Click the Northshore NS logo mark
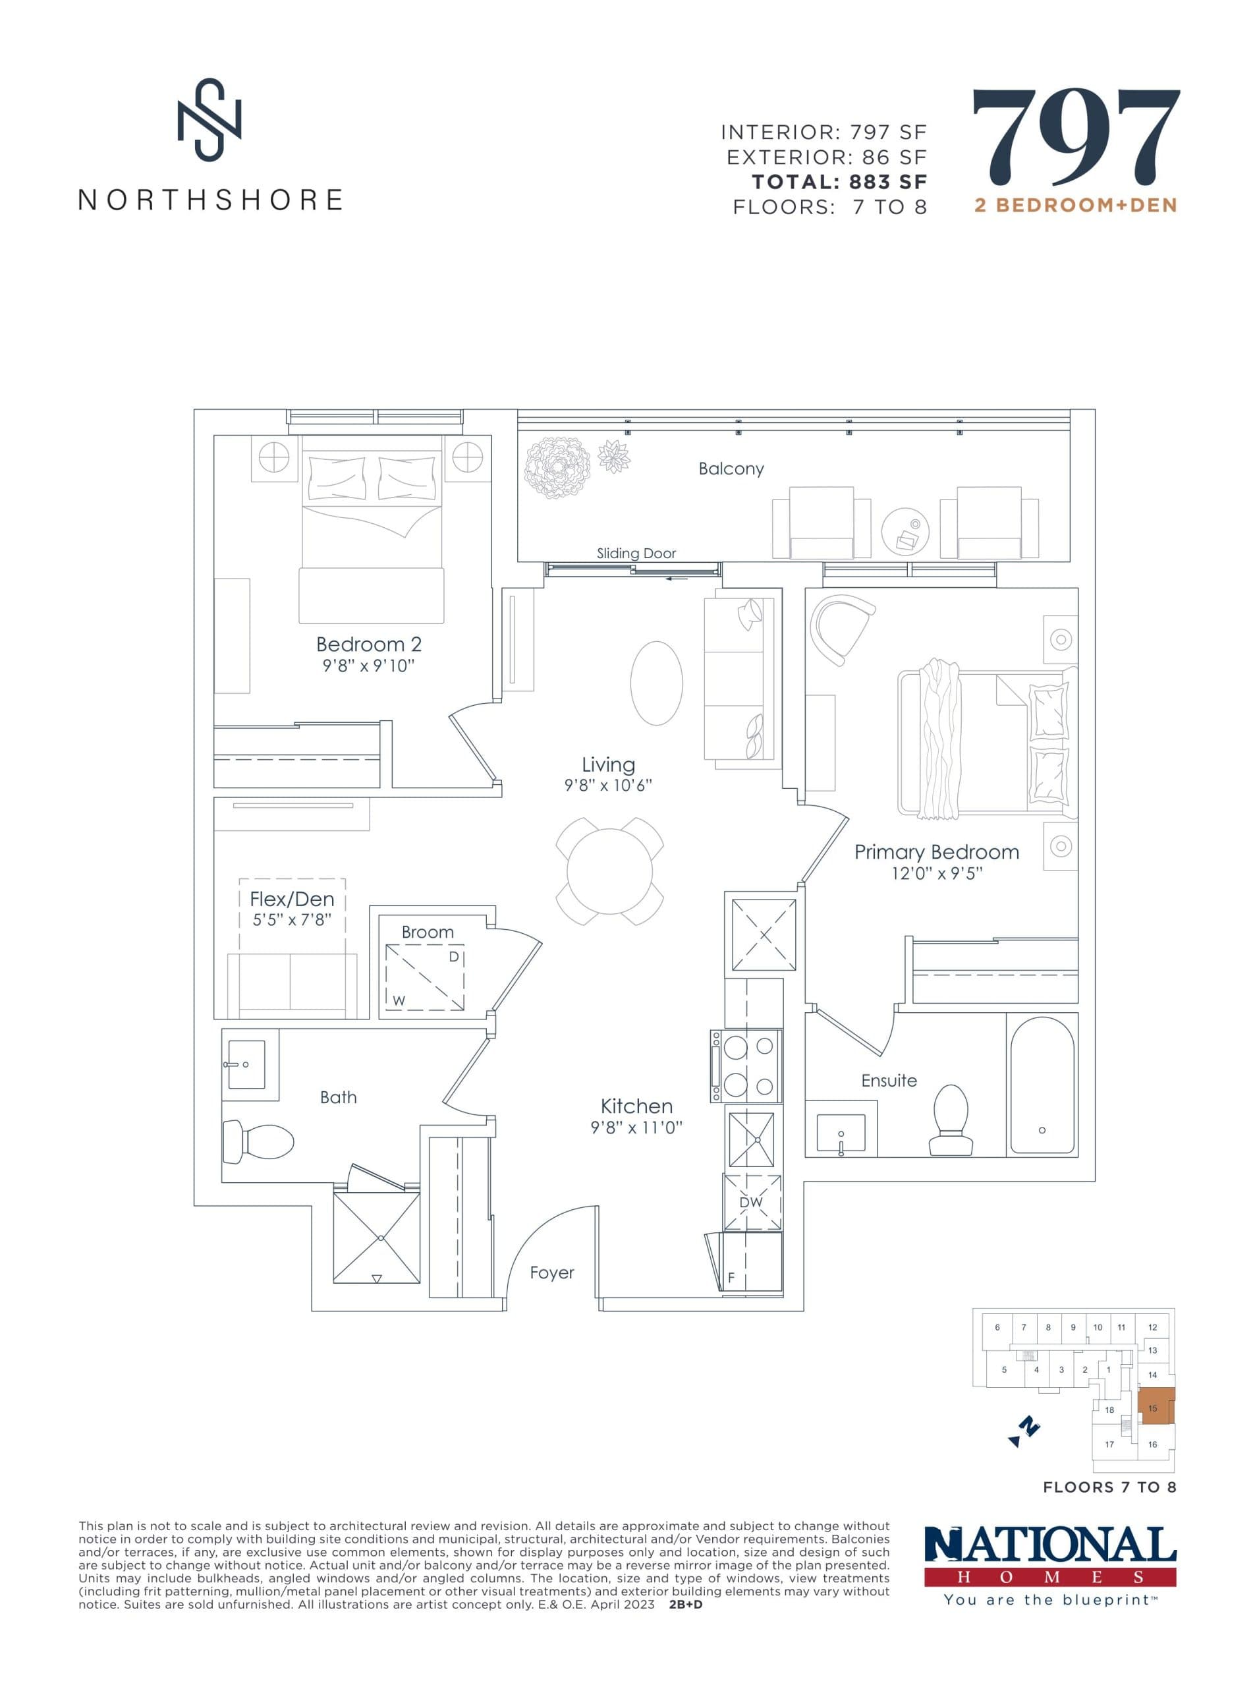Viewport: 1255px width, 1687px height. [x=209, y=119]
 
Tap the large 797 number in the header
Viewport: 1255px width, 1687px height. [x=1075, y=138]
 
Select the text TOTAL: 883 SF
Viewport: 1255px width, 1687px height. [x=839, y=183]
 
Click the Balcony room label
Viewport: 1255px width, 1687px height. [x=731, y=469]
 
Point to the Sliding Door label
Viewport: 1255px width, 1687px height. [x=636, y=553]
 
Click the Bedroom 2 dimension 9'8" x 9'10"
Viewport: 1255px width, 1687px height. [x=368, y=666]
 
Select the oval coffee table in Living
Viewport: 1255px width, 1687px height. [x=656, y=683]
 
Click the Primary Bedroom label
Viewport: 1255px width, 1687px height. [x=936, y=852]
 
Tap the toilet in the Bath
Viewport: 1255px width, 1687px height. [x=258, y=1141]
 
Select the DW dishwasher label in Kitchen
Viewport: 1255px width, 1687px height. [x=750, y=1203]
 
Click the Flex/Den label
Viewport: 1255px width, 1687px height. [x=292, y=899]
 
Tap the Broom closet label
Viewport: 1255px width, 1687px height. [x=428, y=932]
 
